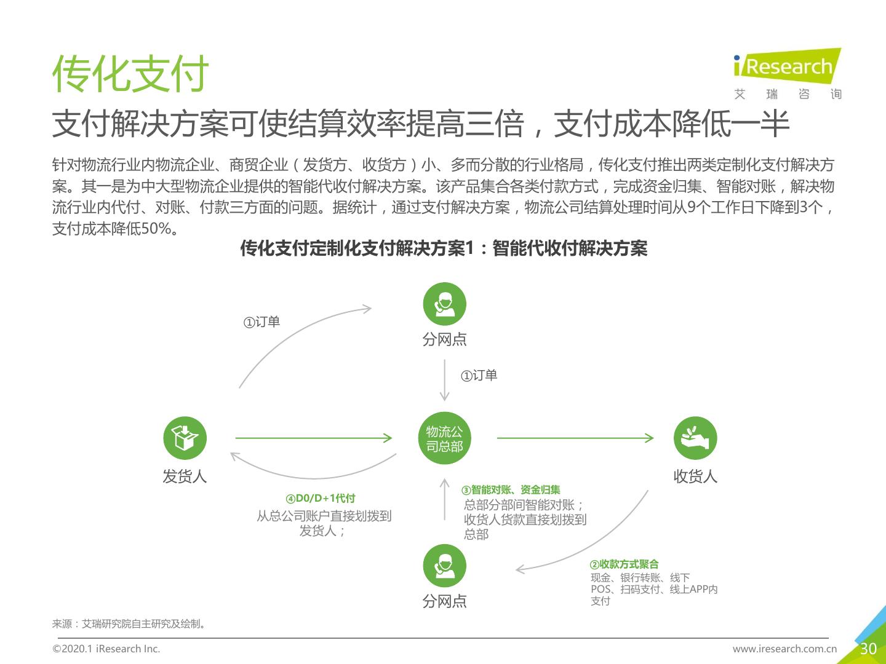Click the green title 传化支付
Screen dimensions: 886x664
click(130, 73)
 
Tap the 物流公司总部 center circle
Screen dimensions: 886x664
click(444, 438)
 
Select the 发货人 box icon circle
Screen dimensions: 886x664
click(185, 438)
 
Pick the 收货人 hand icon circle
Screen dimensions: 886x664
click(695, 438)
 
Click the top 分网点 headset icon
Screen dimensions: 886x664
click(444, 304)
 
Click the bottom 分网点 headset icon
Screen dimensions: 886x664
click(444, 566)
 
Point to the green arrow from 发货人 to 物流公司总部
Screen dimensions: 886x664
click(314, 438)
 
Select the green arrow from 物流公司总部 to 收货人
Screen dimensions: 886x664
click(575, 438)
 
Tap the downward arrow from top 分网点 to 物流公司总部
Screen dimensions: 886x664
click(444, 380)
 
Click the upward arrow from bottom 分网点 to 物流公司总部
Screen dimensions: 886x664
click(444, 499)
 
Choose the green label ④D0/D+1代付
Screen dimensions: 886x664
click(321, 498)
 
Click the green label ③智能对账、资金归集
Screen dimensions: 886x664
click(511, 490)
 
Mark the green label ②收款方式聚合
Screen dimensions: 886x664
click(624, 564)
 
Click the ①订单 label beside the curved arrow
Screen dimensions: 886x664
click(261, 322)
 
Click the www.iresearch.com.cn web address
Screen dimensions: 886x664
click(784, 649)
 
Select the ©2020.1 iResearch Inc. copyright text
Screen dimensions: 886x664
click(106, 649)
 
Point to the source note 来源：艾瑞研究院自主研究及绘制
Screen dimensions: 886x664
click(129, 623)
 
